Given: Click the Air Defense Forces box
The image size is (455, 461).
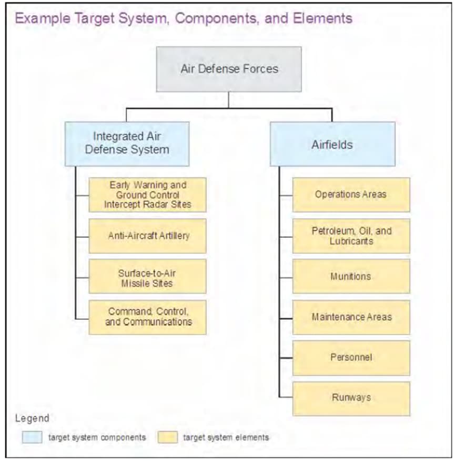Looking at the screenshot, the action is (229, 69).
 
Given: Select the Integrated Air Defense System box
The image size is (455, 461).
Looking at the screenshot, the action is (127, 144).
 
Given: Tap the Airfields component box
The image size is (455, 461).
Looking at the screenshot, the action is (332, 144).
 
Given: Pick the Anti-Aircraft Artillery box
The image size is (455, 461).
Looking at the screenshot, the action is (148, 236).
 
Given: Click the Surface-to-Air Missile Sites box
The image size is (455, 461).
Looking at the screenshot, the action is (148, 276).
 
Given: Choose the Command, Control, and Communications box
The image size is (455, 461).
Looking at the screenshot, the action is (148, 317).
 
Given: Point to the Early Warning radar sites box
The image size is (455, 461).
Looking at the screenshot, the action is (148, 195).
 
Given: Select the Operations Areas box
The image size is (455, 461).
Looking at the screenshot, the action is (351, 195).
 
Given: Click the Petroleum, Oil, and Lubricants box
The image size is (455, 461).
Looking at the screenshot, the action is (351, 236).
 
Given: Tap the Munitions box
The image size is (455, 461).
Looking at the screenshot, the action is (351, 276).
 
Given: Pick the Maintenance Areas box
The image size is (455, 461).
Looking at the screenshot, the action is (351, 317).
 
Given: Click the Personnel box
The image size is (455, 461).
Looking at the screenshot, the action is (351, 358).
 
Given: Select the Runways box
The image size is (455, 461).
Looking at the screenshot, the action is (351, 399).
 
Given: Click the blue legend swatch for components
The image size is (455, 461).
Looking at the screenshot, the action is (32, 437).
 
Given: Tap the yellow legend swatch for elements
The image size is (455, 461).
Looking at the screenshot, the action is (168, 437).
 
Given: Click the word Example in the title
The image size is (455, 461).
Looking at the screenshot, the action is (43, 18).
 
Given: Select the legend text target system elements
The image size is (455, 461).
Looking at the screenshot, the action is (226, 437).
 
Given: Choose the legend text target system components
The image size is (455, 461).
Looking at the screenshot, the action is (97, 437).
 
